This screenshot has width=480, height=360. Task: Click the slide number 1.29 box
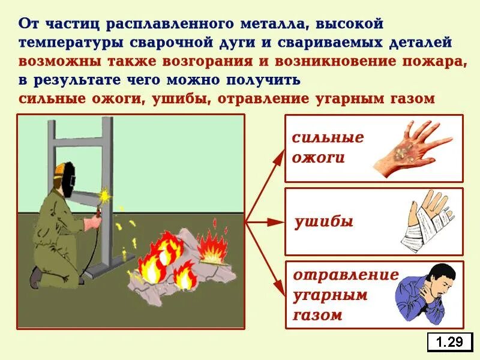[449, 342]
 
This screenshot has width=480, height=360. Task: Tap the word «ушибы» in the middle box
[324, 222]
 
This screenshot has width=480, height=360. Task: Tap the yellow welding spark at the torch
[107, 194]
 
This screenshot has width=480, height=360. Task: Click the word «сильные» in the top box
[328, 137]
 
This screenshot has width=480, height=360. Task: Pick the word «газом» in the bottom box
[318, 315]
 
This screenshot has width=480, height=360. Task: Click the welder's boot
[37, 277]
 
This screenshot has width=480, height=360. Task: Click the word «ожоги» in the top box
[319, 158]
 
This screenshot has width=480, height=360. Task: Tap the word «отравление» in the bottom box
[346, 275]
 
